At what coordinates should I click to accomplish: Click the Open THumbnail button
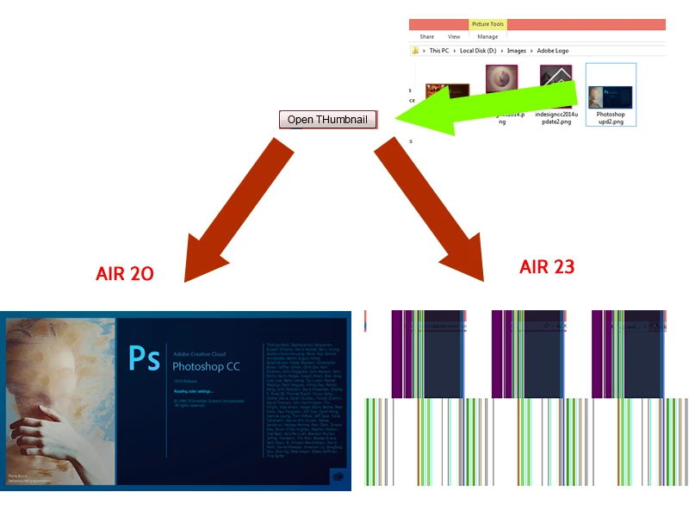pyautogui.click(x=328, y=120)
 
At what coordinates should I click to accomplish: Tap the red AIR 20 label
pyautogui.click(x=125, y=274)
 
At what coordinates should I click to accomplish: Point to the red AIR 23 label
pyautogui.click(x=547, y=267)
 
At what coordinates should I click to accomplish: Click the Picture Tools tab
pyautogui.click(x=487, y=24)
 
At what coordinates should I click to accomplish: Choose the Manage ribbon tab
pyautogui.click(x=487, y=37)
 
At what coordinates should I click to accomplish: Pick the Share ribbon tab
pyautogui.click(x=427, y=37)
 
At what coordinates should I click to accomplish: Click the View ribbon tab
pyautogui.click(x=454, y=37)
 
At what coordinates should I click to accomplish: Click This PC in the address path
pyautogui.click(x=439, y=51)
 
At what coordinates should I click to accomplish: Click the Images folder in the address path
pyautogui.click(x=517, y=51)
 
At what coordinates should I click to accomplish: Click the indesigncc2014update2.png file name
pyautogui.click(x=556, y=117)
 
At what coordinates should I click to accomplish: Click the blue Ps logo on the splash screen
pyautogui.click(x=144, y=358)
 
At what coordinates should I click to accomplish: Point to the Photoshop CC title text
pyautogui.click(x=208, y=365)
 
